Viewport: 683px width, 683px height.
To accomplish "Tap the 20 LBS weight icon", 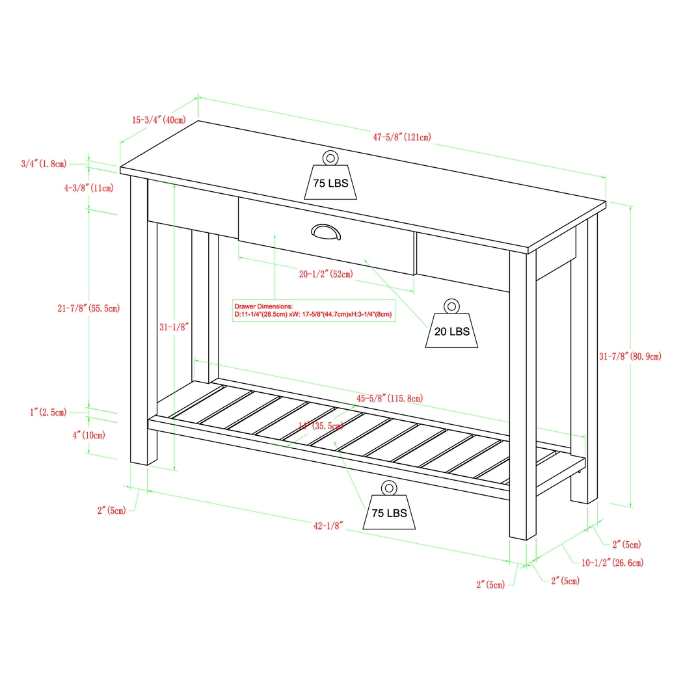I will [x=451, y=330].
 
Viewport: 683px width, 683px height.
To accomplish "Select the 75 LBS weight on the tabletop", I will [x=330, y=182].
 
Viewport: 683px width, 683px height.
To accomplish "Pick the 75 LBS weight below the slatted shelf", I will [x=389, y=512].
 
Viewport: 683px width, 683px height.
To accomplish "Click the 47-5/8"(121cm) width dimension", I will [x=401, y=137].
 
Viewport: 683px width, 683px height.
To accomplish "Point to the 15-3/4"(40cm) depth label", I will [x=159, y=120].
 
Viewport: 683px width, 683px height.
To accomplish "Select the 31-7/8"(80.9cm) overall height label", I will [x=630, y=356].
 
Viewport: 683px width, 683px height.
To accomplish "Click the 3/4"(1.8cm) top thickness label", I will [x=43, y=164].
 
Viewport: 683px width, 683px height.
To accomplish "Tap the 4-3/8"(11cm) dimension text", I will [x=88, y=188].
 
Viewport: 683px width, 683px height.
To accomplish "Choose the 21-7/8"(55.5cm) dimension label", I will [x=88, y=308].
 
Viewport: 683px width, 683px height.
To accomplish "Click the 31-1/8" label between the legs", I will [x=174, y=327].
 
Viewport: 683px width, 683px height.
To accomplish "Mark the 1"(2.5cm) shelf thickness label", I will [x=47, y=412].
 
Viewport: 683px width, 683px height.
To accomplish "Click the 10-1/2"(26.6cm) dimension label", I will [x=612, y=563].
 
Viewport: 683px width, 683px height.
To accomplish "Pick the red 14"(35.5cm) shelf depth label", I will [x=320, y=426].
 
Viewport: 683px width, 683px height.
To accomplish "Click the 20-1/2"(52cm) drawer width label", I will [x=326, y=274].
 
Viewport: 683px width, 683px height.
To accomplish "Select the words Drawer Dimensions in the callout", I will [x=264, y=305].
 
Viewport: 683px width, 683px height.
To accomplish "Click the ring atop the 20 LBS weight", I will [x=451, y=306].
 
